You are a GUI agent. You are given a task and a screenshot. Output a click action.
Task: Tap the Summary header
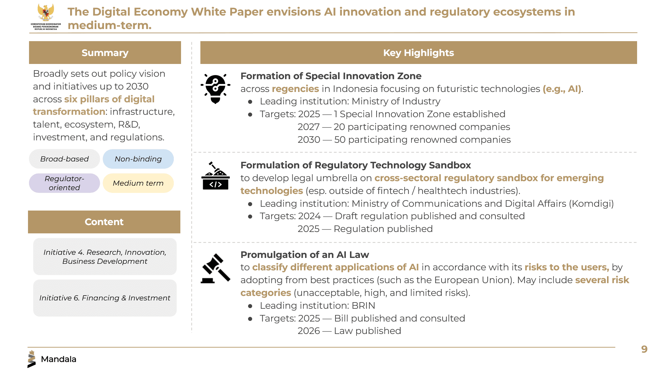105,53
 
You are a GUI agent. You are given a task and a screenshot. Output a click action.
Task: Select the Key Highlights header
418,53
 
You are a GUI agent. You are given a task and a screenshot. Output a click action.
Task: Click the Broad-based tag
65,159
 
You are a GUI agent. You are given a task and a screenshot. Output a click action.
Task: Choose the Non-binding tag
138,159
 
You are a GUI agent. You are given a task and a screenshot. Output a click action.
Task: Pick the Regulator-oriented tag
65,183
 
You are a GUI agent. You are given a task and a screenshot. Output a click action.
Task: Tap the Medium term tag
138,183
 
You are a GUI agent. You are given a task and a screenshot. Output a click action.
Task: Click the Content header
104,222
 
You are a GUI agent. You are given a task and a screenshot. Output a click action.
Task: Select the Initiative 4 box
105,257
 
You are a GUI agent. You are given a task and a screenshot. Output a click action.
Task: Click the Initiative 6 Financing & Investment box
105,298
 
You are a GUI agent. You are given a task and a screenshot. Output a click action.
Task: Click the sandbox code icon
216,176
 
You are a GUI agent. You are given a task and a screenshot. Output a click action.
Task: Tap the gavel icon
216,269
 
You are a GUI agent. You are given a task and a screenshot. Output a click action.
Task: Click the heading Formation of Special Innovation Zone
331,76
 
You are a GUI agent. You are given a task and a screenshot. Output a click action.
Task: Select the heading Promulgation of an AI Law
305,255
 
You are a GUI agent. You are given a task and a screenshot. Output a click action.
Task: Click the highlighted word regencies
295,89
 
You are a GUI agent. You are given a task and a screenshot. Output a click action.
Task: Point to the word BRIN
363,306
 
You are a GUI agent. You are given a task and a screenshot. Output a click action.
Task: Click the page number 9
644,349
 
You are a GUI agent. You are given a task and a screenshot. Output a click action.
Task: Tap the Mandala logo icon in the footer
31,359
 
